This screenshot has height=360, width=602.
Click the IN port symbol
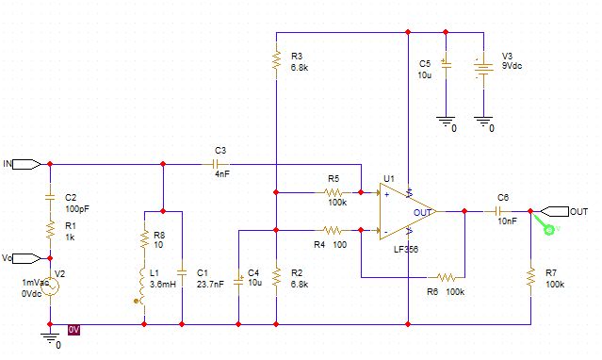click(x=27, y=164)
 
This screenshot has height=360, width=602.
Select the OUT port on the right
click(x=555, y=211)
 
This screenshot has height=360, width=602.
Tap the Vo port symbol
click(x=27, y=258)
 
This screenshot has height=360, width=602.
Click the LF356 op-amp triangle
click(x=407, y=211)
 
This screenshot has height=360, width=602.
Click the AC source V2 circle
click(x=50, y=286)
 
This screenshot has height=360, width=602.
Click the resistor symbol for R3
click(x=276, y=59)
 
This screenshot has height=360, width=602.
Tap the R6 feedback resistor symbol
click(x=446, y=277)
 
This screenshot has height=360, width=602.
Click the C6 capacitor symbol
click(x=498, y=211)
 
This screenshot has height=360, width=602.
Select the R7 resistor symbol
click(x=531, y=277)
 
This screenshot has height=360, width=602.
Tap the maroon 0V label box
click(x=73, y=330)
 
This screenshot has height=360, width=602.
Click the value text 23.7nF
click(x=210, y=285)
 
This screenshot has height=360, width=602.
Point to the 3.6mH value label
click(x=163, y=285)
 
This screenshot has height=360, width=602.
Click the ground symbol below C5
click(x=446, y=122)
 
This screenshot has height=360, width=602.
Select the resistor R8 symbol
click(x=144, y=239)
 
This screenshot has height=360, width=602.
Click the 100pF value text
click(x=77, y=209)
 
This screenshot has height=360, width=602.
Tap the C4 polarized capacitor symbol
click(x=238, y=281)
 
